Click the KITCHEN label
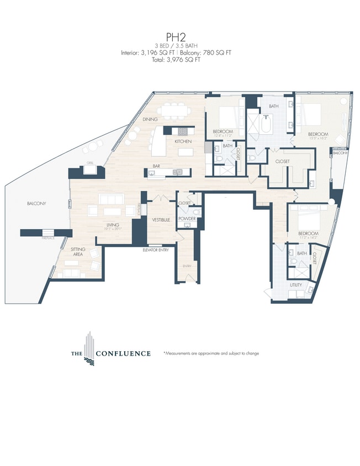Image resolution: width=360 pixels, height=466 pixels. (183, 142)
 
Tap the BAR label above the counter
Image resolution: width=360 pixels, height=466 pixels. (156, 165)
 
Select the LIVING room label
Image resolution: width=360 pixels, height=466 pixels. (114, 225)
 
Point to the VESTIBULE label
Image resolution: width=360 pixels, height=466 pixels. (161, 220)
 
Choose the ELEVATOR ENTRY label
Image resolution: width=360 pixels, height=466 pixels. (156, 249)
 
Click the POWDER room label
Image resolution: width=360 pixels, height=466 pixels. (187, 219)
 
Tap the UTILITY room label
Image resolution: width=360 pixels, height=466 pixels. (296, 285)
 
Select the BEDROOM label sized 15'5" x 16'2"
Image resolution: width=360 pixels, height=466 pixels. (319, 134)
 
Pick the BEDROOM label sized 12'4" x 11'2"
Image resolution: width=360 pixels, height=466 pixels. (223, 131)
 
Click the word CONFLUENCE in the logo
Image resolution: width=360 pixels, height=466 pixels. (123, 353)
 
